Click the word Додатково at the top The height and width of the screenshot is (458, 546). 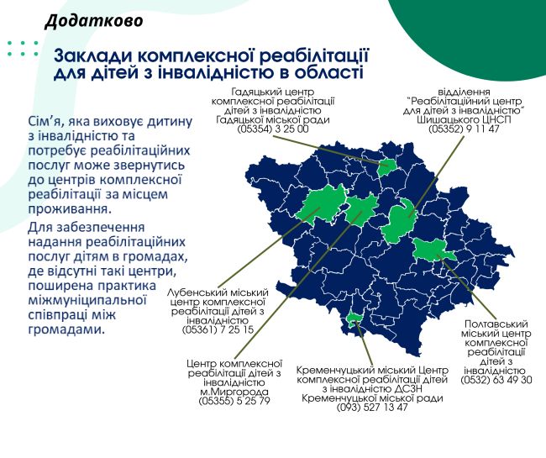pos(94,21)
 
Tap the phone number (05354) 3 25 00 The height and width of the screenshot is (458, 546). pos(273,129)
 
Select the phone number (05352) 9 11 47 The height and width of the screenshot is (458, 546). pos(464,129)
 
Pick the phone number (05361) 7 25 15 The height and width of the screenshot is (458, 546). pos(218,329)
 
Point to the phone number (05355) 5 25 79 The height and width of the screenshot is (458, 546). pos(234,401)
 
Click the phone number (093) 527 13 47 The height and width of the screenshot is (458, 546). pos(372,407)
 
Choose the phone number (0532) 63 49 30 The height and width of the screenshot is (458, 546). pos(496,380)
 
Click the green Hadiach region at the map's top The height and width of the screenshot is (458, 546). pos(387,167)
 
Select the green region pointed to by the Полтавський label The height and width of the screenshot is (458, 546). pos(433,250)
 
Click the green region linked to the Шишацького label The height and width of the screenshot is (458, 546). pos(399,221)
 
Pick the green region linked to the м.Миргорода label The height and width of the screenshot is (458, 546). pos(361,209)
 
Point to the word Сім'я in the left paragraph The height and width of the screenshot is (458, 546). pos(45,122)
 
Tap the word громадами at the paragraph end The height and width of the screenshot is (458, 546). pos(66,329)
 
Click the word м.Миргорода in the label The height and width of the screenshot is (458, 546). pos(234,392)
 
